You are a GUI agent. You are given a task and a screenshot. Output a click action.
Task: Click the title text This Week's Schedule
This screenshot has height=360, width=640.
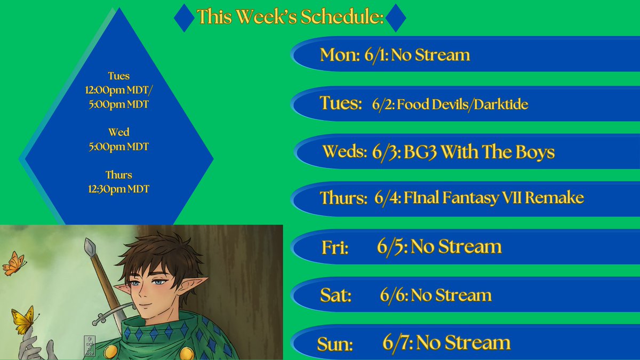(x=290, y=17)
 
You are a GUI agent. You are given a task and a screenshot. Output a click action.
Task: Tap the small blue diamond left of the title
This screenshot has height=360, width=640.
(x=185, y=18)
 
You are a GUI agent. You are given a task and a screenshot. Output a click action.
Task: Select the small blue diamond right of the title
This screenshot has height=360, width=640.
(x=396, y=18)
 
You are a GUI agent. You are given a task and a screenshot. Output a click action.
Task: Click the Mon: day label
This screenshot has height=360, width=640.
(x=340, y=55)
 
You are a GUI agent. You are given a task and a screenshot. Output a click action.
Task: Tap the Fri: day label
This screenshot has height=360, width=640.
(x=335, y=247)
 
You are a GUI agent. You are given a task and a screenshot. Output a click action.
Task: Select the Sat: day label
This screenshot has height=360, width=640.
(x=335, y=295)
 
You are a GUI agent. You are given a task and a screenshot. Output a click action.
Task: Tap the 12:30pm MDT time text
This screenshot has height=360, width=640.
(x=119, y=189)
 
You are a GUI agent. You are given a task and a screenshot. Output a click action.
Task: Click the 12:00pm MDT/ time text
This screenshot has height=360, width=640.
(x=119, y=91)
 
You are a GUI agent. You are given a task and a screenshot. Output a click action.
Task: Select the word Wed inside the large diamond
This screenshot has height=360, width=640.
(x=119, y=132)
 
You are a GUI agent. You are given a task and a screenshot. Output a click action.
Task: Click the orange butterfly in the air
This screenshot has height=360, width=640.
(x=14, y=263)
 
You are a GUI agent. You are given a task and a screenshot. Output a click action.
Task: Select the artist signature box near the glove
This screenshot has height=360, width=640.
(x=89, y=346)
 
